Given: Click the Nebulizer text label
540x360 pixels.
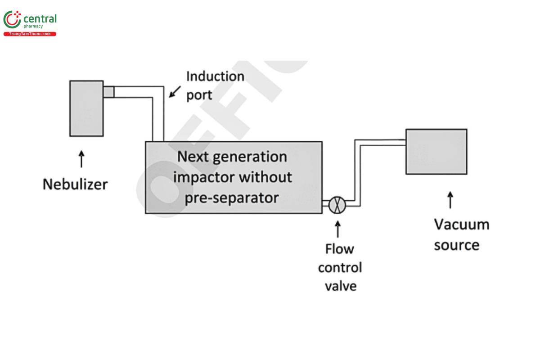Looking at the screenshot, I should click(x=75, y=184).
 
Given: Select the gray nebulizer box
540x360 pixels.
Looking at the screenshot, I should click(x=86, y=108).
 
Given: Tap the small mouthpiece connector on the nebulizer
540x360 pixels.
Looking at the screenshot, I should click(x=108, y=92).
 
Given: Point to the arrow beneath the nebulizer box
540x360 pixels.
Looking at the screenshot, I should click(x=81, y=160).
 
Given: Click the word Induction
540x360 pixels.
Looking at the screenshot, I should click(x=215, y=76).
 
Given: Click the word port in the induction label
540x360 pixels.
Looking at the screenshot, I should click(x=199, y=95).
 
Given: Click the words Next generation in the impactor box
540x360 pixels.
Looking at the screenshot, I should click(x=232, y=157).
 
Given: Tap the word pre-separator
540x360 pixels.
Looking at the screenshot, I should click(x=232, y=198).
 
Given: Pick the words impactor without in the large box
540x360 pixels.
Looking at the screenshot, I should click(x=232, y=177).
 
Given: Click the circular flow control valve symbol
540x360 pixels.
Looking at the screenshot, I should click(x=336, y=205).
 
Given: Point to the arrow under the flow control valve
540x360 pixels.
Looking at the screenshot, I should click(x=337, y=229).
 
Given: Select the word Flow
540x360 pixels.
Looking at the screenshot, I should click(x=340, y=249).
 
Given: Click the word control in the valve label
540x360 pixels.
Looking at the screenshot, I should click(x=340, y=268).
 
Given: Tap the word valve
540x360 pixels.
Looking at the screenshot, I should click(x=340, y=286).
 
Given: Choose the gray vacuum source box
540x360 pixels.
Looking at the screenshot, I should click(x=436, y=152).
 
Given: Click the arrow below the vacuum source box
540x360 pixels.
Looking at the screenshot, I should click(x=450, y=201).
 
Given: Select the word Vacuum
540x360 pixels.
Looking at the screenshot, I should click(x=461, y=224).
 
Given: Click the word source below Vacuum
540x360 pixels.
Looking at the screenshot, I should click(x=456, y=245).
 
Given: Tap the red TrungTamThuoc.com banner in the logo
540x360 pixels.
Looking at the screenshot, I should click(x=30, y=34).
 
